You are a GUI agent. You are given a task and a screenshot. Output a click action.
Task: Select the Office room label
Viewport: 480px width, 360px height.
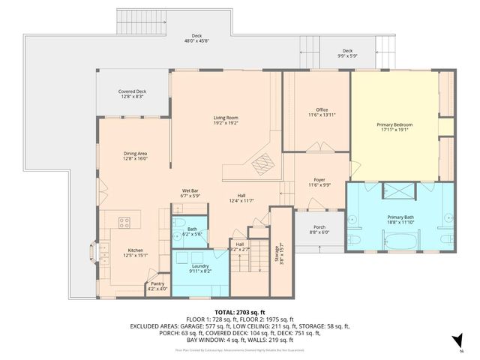[x=322, y=110]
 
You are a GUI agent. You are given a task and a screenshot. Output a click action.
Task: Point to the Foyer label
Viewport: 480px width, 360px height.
[x=319, y=180]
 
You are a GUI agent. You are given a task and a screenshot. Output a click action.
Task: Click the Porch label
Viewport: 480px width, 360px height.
[x=319, y=227]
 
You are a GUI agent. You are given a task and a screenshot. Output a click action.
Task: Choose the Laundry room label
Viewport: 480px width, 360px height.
[x=200, y=265]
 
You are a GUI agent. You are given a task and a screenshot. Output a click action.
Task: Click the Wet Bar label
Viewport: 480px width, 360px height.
[x=190, y=190]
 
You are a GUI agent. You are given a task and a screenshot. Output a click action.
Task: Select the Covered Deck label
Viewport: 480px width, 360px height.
[x=132, y=91]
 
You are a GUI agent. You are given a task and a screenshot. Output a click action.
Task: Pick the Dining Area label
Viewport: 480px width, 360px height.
[x=135, y=153]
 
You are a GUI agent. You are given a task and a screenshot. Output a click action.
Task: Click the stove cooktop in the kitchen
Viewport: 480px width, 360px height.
[x=124, y=222]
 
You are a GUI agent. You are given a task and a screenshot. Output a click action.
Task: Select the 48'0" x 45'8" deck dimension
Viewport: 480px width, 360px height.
[x=196, y=41]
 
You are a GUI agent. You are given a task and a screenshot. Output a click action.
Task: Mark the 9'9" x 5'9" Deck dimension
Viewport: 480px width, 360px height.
[x=346, y=55]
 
